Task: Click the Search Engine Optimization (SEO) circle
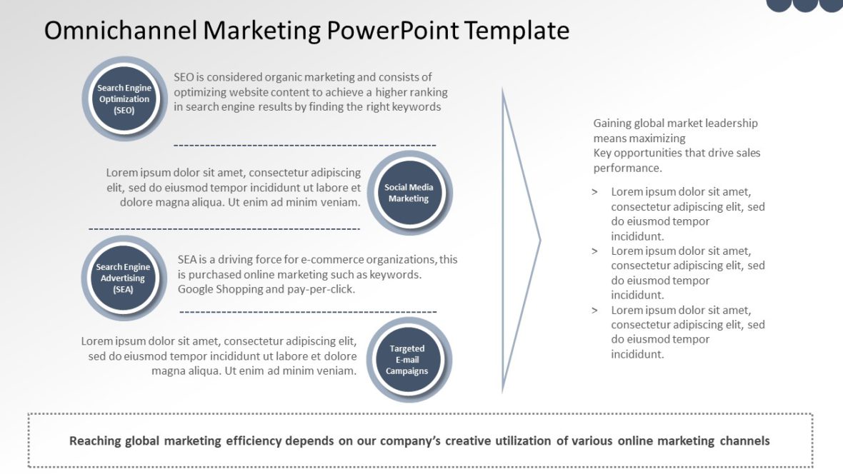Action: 124,99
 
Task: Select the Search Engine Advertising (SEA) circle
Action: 123,278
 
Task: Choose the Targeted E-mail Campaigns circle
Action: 407,360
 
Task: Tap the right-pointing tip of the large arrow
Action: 539,241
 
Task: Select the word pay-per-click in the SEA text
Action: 321,289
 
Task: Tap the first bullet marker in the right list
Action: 595,192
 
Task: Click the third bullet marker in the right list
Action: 595,311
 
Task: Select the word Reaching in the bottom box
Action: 94,440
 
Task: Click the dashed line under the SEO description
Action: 304,145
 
